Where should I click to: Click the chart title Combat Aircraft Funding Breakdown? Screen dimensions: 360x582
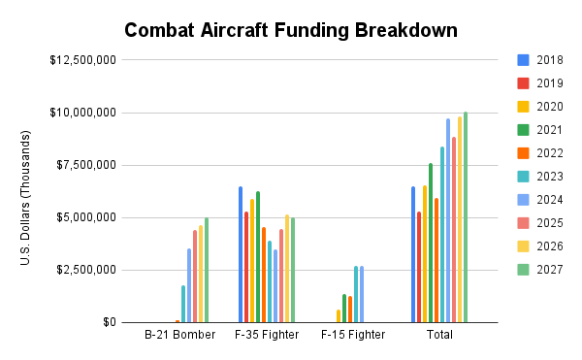(x=290, y=30)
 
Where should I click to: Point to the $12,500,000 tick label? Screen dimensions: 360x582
(x=83, y=60)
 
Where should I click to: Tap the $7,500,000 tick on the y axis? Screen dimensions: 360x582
(x=86, y=165)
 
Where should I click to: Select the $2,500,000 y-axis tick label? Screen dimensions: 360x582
(x=86, y=270)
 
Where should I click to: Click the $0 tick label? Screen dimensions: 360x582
(x=107, y=322)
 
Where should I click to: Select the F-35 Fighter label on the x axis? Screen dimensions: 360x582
(x=265, y=336)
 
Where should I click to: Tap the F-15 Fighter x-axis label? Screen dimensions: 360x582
(x=353, y=336)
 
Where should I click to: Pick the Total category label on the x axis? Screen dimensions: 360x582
(x=438, y=336)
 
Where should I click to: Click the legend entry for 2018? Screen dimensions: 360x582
(x=543, y=59)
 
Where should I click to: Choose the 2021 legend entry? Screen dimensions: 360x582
(x=543, y=129)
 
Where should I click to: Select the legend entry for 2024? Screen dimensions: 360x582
(x=543, y=199)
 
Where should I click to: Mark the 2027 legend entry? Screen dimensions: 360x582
(x=543, y=269)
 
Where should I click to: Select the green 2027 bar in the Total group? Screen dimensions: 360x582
(x=466, y=217)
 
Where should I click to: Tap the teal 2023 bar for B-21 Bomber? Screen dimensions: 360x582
(x=183, y=304)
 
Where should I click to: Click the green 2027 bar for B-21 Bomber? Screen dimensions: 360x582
(x=207, y=270)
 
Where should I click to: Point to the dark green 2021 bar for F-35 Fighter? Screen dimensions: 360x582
(x=258, y=257)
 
